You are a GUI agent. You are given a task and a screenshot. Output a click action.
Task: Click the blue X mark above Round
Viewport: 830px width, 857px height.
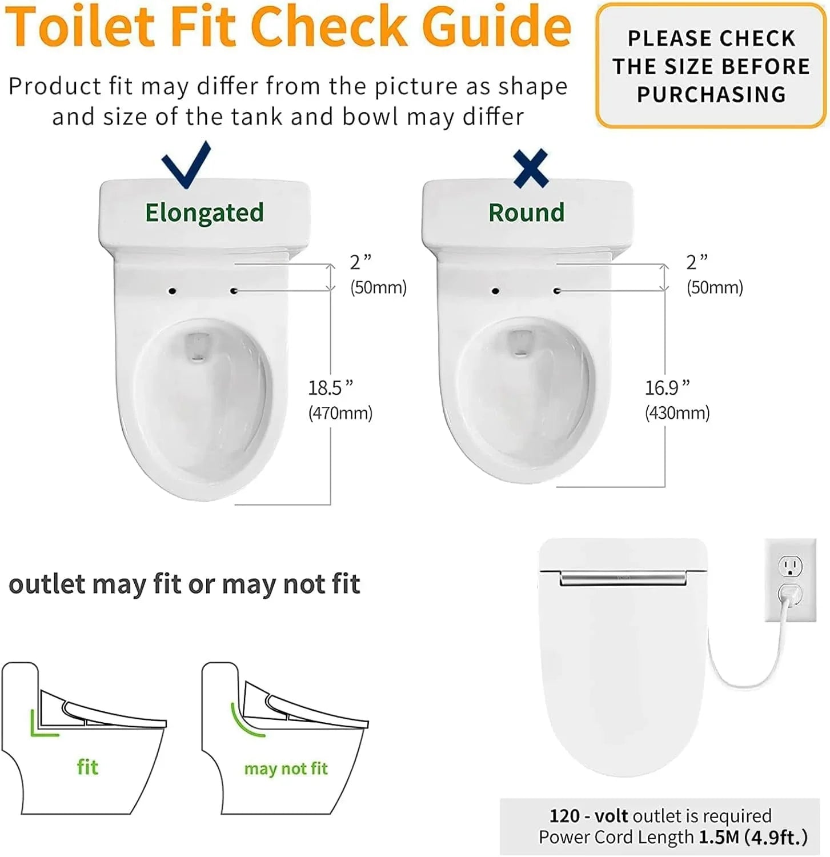[531, 169]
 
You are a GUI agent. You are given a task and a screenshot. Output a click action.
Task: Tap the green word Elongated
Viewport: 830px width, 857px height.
[205, 213]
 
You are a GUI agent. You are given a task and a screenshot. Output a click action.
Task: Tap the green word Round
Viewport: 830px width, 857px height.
[527, 213]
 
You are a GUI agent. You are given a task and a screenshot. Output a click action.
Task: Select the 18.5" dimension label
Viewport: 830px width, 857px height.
[331, 388]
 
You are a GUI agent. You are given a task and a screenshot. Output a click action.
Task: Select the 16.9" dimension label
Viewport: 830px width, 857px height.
[667, 388]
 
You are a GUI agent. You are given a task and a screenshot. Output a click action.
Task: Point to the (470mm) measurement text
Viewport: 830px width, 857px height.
[340, 413]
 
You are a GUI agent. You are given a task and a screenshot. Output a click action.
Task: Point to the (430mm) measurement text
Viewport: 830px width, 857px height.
[677, 413]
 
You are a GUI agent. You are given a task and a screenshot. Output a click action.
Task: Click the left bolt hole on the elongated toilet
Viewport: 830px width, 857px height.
[173, 291]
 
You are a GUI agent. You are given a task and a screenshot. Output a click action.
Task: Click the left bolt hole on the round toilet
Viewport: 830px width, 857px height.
[495, 291]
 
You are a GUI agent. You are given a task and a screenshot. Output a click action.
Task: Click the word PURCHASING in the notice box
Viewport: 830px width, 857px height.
[712, 94]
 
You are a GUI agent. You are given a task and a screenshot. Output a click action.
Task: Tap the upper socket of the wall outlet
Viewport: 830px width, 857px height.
[791, 567]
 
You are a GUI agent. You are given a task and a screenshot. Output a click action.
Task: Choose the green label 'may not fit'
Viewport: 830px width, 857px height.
[286, 769]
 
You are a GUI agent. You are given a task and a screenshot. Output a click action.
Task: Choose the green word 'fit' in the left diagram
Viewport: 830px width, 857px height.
[87, 767]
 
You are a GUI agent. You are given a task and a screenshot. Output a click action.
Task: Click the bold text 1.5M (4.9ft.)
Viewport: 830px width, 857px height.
[753, 837]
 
